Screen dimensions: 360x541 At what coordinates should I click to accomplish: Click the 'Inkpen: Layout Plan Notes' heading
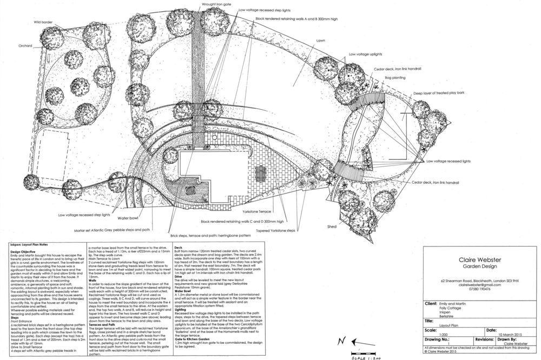tap(30, 244)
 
